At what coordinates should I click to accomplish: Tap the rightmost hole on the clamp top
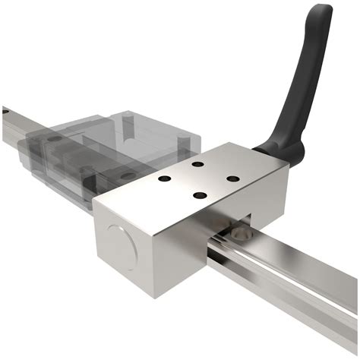click(x=233, y=179)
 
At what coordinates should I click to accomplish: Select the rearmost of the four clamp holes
click(x=197, y=164)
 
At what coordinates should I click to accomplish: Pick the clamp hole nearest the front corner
click(x=200, y=196)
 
